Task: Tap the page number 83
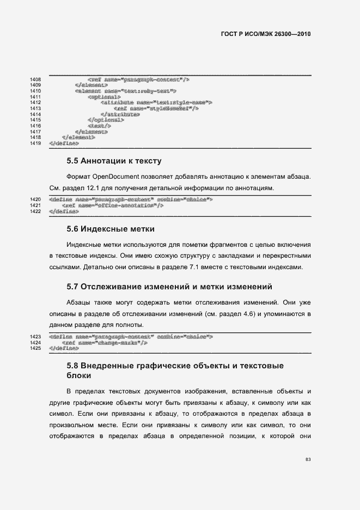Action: tap(308, 459)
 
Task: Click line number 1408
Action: tap(36, 80)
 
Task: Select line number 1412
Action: tap(36, 102)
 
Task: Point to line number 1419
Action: tap(36, 143)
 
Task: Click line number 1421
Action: tap(36, 205)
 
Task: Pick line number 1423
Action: tap(36, 337)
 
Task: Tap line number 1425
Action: tap(36, 348)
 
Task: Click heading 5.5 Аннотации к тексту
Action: tap(114, 161)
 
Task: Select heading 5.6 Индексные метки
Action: tap(111, 229)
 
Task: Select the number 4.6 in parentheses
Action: tap(251, 314)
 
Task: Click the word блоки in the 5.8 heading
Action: tap(78, 376)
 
